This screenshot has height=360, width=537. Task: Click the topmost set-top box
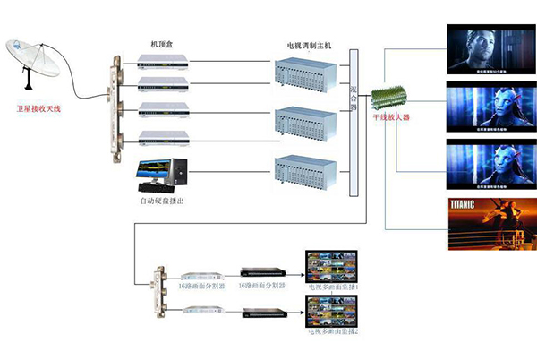coord(164,61)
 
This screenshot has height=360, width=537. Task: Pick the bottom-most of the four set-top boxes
coord(164,137)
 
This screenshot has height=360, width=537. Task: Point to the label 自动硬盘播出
coord(163,203)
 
